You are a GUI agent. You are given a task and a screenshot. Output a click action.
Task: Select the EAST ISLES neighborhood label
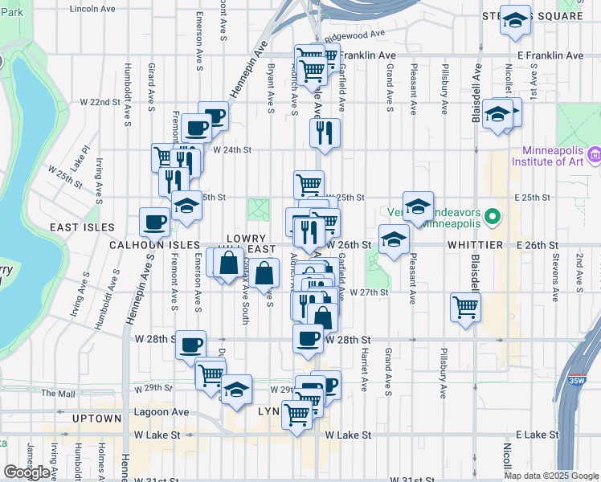pos(82,228)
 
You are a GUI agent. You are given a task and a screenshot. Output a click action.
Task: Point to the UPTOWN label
pos(96,419)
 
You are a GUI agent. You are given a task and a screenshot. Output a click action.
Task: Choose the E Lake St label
pos(538,435)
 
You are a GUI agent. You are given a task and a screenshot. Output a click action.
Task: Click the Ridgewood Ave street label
pos(361,35)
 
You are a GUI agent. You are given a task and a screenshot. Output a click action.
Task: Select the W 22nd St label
pos(100,103)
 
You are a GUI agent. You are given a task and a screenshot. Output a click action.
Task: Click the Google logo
pos(27,472)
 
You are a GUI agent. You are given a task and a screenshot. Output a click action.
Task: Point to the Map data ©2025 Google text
pos(552,476)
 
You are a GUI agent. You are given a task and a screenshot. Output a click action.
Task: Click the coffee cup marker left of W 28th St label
pos(190,345)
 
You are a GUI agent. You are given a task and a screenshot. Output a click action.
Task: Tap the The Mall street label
pos(58,394)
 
